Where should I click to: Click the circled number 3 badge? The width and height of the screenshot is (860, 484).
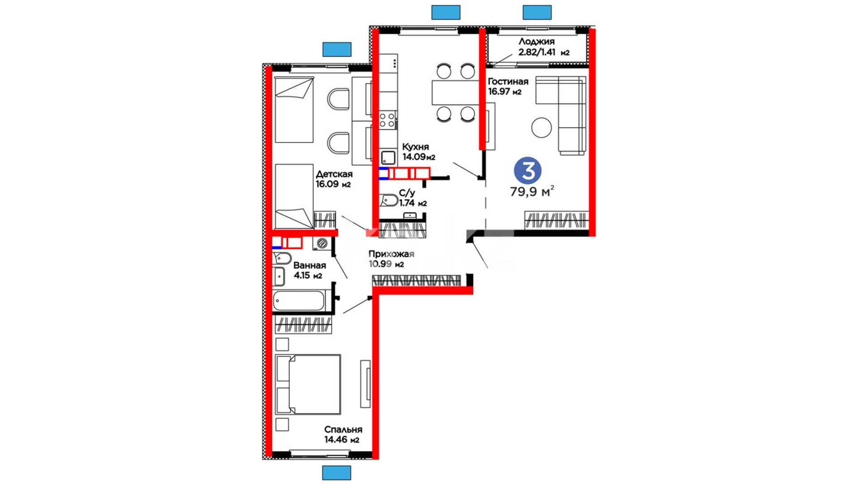tap(528, 170)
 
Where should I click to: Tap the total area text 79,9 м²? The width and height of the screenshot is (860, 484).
tap(532, 191)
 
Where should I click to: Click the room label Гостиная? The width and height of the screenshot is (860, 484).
tap(508, 82)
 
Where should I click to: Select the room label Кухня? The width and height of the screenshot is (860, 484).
tap(415, 147)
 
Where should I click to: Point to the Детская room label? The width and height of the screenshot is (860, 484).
tap(334, 174)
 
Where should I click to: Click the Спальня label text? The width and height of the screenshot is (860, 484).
tap(343, 429)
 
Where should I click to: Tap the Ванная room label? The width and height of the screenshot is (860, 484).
tap(310, 265)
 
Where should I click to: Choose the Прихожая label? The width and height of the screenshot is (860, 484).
tap(391, 254)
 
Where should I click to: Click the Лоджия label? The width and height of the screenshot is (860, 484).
tap(537, 42)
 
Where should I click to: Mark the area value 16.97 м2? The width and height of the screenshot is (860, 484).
tap(505, 92)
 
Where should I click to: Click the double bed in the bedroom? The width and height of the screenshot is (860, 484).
tap(308, 385)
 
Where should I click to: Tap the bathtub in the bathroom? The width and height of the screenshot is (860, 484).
tap(299, 301)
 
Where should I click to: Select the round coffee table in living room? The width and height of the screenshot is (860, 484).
tap(542, 128)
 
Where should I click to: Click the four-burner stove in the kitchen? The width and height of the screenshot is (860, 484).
tap(388, 120)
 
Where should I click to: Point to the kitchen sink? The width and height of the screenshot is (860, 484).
tap(388, 158)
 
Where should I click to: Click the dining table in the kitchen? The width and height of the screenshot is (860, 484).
tap(456, 92)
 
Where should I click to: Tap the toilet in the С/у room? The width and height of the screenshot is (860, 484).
tap(389, 200)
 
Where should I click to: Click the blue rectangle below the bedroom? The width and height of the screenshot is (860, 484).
tap(336, 473)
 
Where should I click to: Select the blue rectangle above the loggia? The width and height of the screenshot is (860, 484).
tap(537, 12)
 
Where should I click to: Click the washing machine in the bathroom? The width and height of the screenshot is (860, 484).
tap(322, 243)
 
